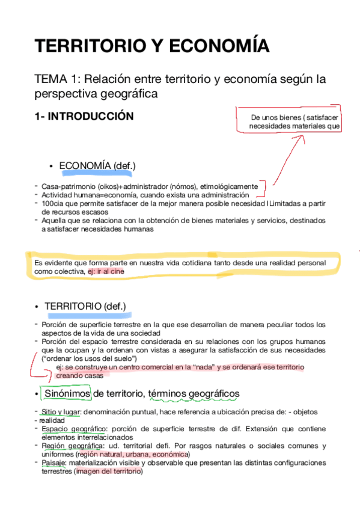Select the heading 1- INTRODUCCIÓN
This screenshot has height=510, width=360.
(x=84, y=117)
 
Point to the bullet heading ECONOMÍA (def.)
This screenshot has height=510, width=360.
(x=97, y=166)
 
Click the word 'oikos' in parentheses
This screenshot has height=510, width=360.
(x=109, y=186)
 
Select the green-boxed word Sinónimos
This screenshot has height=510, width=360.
(x=66, y=394)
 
